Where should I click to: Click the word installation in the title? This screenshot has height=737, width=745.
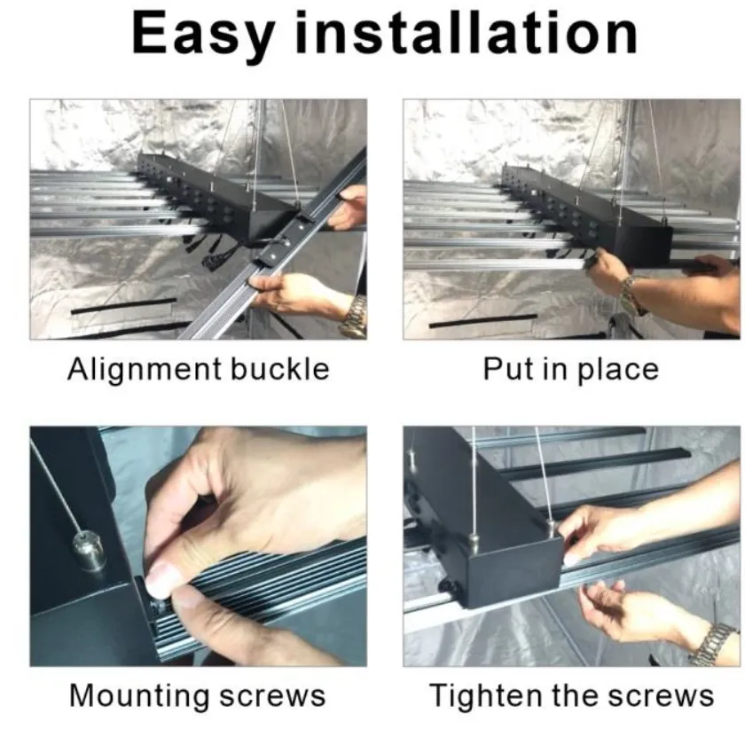click(x=467, y=32)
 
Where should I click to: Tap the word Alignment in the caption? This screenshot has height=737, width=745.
click(x=145, y=370)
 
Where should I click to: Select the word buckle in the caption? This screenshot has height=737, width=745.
click(x=280, y=369)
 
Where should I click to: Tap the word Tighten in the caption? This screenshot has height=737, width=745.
click(x=485, y=696)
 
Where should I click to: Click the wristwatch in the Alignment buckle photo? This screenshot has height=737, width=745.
click(x=353, y=315)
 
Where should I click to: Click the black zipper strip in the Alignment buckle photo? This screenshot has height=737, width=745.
click(x=123, y=306)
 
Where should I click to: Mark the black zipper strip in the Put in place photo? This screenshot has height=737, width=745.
click(x=483, y=321)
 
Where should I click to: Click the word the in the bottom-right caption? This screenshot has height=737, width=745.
click(x=575, y=695)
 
